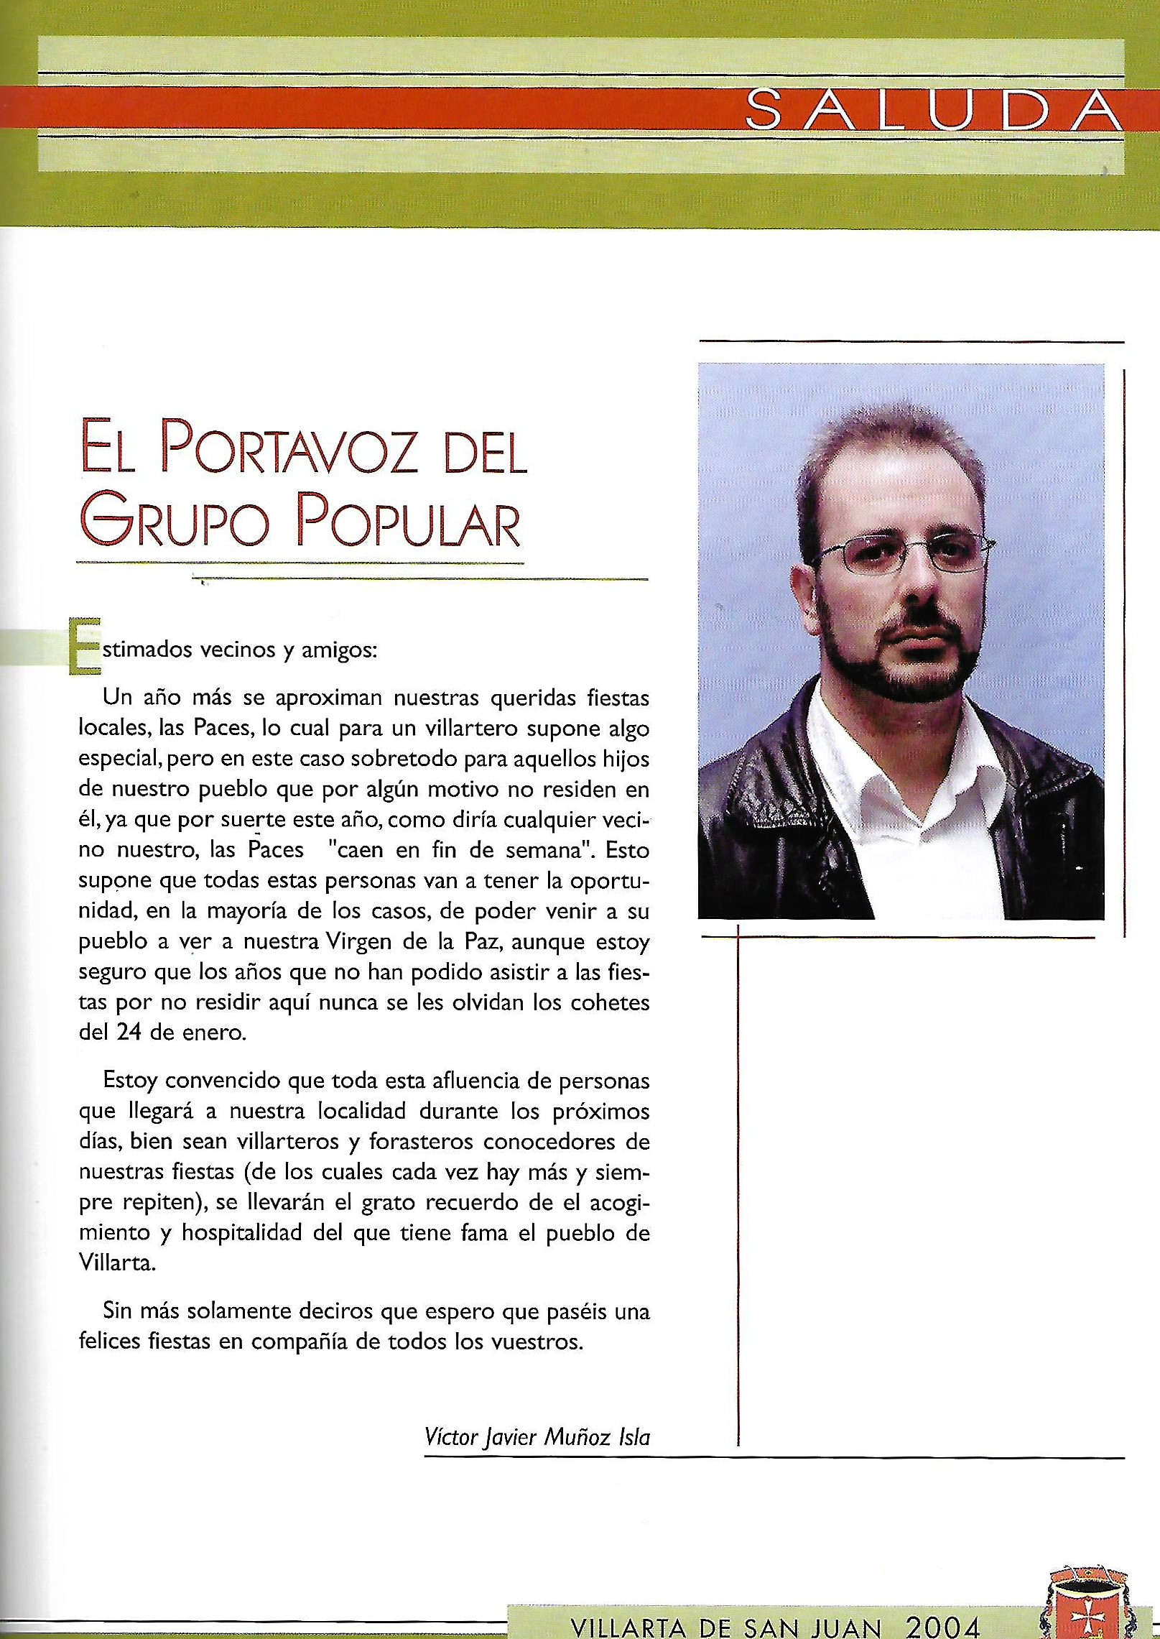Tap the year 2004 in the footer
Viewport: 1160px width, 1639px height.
click(x=943, y=1621)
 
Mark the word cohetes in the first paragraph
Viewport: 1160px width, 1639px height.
click(x=609, y=1003)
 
